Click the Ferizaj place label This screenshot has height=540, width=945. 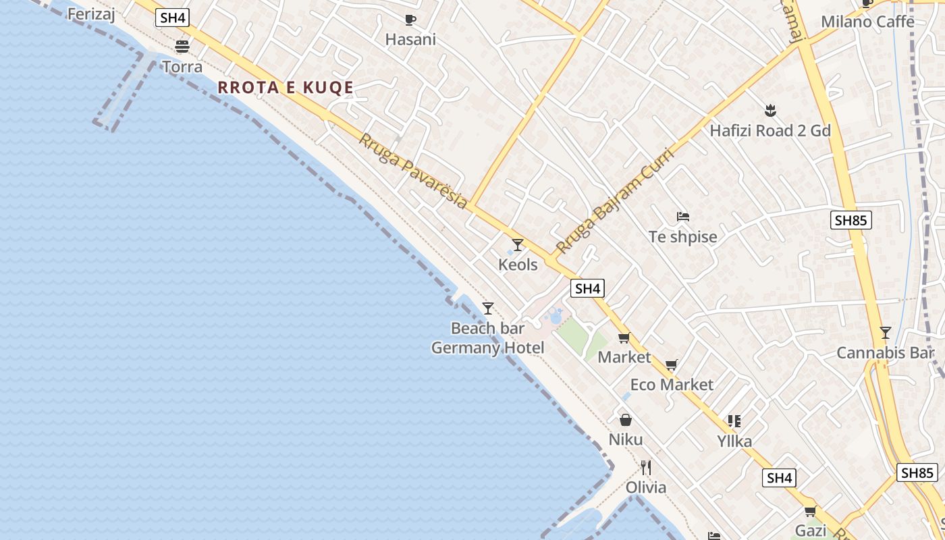pos(91,13)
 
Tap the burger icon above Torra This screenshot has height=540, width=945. pos(182,47)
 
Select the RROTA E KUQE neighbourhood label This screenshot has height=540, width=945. pos(286,88)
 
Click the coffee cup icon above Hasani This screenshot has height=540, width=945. pos(410,20)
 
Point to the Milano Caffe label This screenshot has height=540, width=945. pos(867,22)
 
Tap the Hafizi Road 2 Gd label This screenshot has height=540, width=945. pos(769,130)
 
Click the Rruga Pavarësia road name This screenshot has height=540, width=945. pos(412,171)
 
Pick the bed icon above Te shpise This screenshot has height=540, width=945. pos(683,217)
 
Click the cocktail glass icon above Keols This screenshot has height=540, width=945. pos(518,245)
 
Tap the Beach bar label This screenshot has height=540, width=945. pos(487,329)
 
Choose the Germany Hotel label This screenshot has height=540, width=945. pos(487,348)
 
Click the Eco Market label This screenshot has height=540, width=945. pos(671,385)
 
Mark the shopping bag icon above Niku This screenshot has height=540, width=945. pos(626,420)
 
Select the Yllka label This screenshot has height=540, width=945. pos(734,441)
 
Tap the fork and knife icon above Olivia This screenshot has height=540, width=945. pos(646,467)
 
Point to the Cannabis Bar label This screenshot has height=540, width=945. pos(885,353)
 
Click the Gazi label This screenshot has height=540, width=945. pos(811,531)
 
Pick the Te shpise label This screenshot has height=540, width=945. pos(682,237)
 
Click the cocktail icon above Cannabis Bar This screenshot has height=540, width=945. pos(886,333)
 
